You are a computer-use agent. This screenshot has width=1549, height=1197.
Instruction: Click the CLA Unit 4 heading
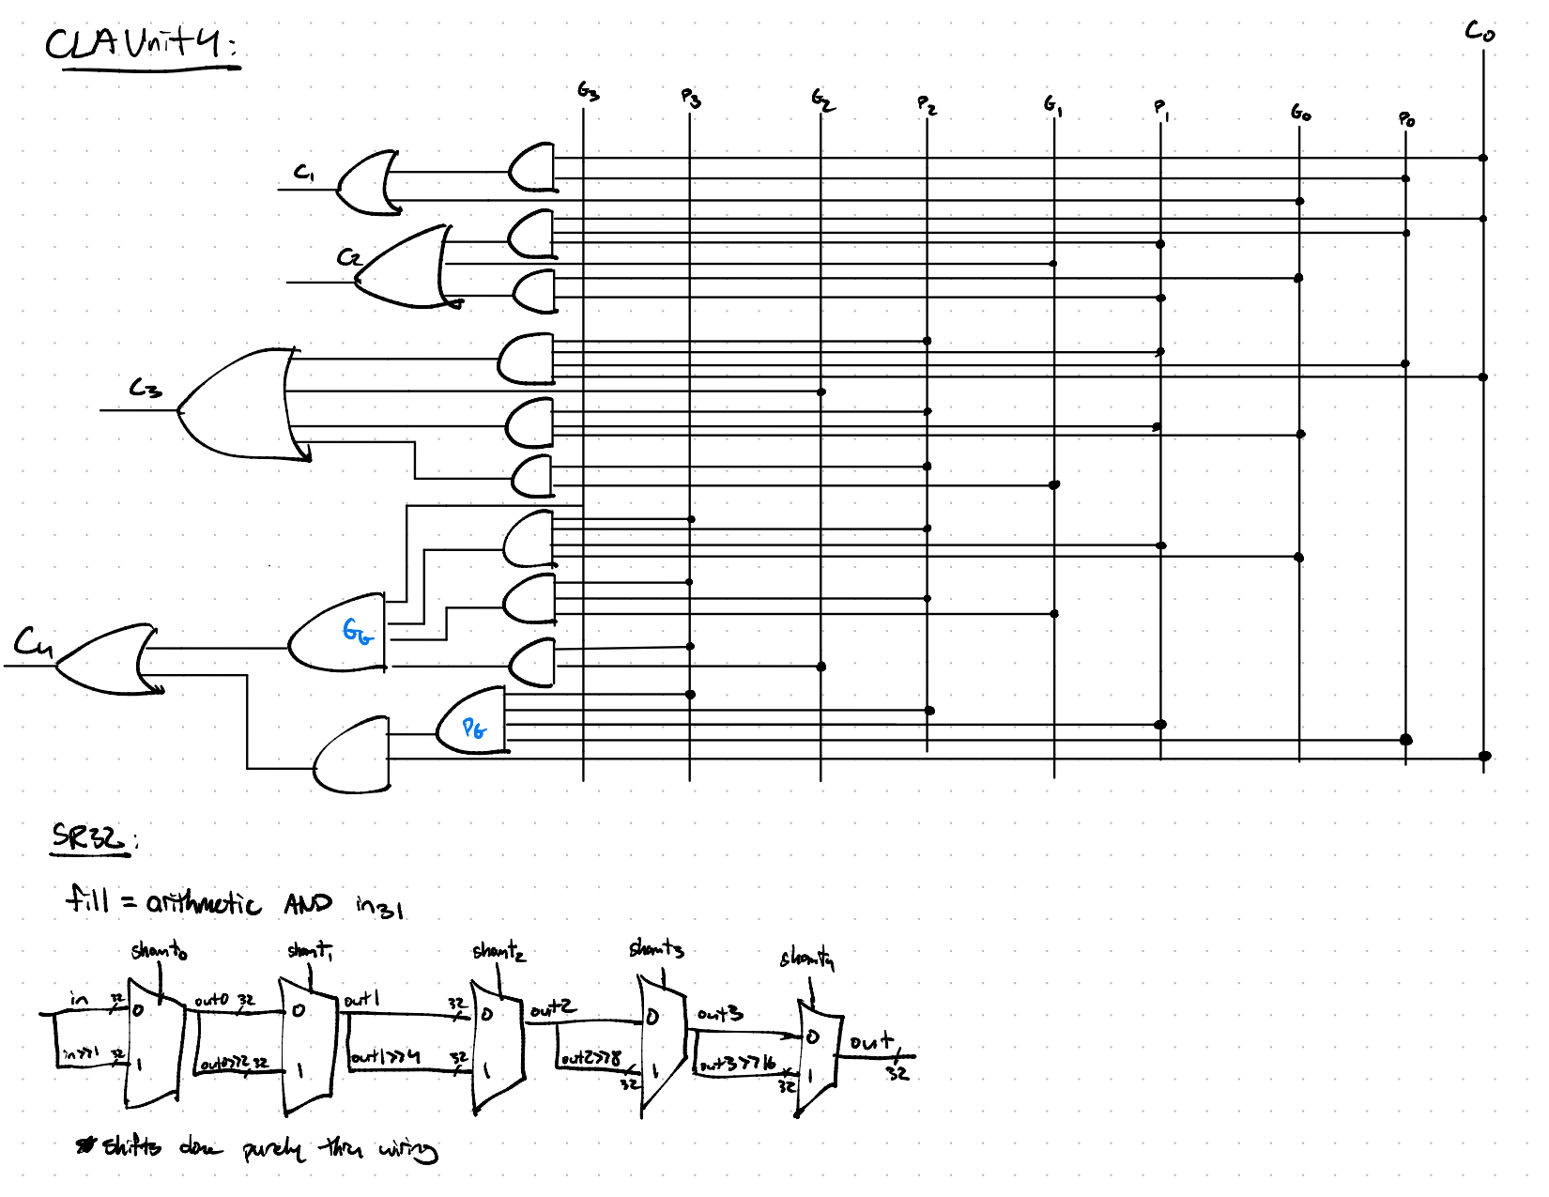pyautogui.click(x=141, y=44)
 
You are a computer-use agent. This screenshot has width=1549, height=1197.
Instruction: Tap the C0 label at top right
pyautogui.click(x=1480, y=32)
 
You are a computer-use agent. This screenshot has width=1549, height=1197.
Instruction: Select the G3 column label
pyautogui.click(x=588, y=91)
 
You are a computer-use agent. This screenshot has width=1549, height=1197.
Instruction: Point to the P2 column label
pyautogui.click(x=927, y=104)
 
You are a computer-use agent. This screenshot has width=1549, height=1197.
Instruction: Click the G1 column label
pyautogui.click(x=1053, y=105)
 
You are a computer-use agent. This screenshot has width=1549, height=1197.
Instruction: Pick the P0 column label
pyautogui.click(x=1406, y=118)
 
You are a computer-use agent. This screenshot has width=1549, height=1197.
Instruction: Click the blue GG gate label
pyautogui.click(x=357, y=632)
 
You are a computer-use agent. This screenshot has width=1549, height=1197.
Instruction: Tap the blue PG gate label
pyautogui.click(x=474, y=728)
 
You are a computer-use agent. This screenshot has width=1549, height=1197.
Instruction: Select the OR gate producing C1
pyautogui.click(x=366, y=183)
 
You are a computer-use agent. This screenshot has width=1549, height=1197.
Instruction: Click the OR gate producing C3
pyautogui.click(x=239, y=404)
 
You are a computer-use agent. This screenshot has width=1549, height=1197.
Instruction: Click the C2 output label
pyautogui.click(x=349, y=256)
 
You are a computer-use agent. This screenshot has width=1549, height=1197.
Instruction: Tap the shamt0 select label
pyautogui.click(x=159, y=952)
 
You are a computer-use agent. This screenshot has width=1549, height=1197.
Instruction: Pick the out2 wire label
pyautogui.click(x=553, y=1009)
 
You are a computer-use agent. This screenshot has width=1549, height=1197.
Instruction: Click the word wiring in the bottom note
pyautogui.click(x=407, y=1149)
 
